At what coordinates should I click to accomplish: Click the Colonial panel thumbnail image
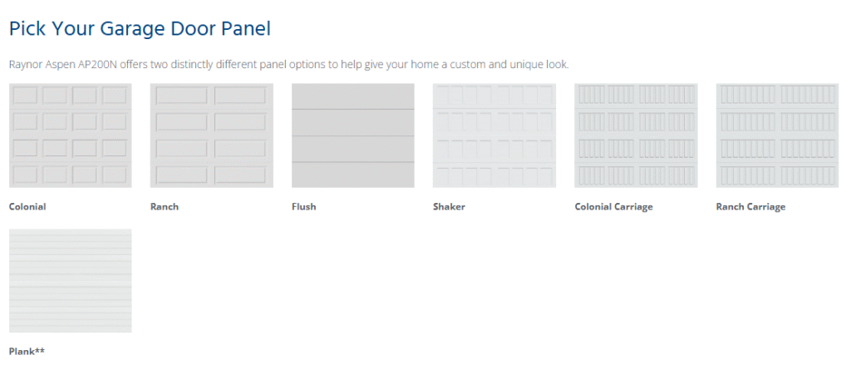point(71,136)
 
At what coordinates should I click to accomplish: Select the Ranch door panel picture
point(212,136)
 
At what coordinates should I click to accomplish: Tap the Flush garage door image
point(352,136)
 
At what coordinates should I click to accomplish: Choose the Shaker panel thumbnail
point(494,136)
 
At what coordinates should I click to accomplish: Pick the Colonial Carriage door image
point(636,136)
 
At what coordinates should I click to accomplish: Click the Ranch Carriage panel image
point(777,136)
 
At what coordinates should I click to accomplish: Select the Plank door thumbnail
point(71,280)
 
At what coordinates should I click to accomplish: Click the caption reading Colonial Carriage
point(614,207)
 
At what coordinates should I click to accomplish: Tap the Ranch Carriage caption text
point(750,207)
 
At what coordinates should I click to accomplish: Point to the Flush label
point(304,207)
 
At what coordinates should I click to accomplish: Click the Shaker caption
point(450,207)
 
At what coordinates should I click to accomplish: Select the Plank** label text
point(27,352)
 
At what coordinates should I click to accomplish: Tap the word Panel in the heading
point(248,28)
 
